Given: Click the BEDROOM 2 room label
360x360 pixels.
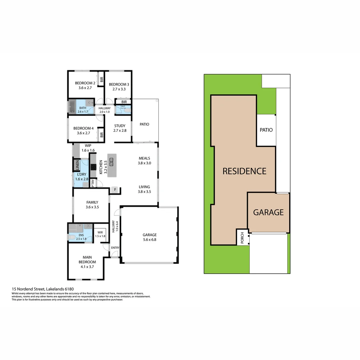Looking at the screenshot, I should click(x=85, y=83).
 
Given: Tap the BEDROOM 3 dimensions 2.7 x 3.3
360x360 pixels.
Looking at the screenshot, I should click(x=119, y=89).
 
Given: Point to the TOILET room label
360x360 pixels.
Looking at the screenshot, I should click(x=123, y=106).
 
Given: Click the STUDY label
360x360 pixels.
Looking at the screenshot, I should click(x=120, y=126).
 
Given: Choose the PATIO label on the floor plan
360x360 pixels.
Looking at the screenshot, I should click(x=144, y=124).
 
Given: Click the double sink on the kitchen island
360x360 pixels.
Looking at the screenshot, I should click(x=112, y=164).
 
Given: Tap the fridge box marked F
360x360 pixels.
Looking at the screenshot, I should click(x=115, y=190).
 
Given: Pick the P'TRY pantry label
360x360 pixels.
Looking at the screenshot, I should click(x=93, y=184).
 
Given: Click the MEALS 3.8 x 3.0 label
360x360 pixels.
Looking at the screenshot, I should click(x=144, y=161).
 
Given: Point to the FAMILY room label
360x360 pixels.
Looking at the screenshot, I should click(x=92, y=202).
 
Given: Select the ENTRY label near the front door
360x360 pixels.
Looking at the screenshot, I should click(x=115, y=248).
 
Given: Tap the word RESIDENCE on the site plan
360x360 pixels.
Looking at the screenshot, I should click(x=244, y=171).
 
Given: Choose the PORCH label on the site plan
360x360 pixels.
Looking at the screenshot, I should click(x=242, y=237).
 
